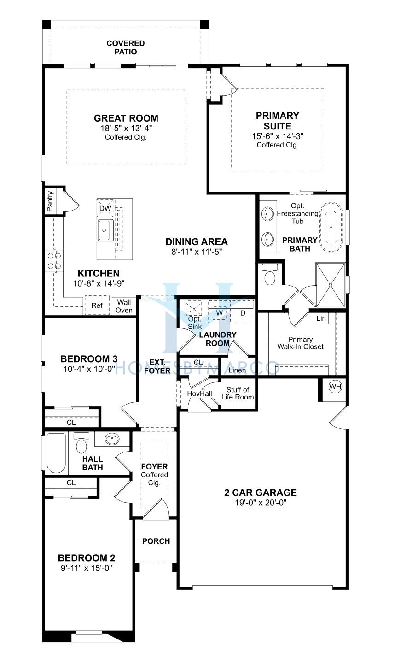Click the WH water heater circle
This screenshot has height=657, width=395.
pos(335,387)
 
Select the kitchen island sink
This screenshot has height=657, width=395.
pos(105,230)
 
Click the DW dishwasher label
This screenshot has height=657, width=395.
pos(105,209)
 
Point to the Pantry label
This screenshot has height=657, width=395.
pos(50,201)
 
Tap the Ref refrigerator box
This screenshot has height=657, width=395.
pos(97,305)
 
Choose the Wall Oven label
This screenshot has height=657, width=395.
pos(124,306)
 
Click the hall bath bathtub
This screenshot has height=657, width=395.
pos(56,453)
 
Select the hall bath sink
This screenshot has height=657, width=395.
pos(112,439)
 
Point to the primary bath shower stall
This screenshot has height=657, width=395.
pos(330,285)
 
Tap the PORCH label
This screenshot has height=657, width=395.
pos(156,541)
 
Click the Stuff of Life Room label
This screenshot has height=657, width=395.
pos(238,393)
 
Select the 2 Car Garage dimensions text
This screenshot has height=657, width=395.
pos(261,503)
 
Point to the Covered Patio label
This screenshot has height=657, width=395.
pos(125,47)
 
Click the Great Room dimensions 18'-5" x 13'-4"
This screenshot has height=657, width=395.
pos(126,128)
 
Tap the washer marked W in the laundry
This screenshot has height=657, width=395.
pos(220,313)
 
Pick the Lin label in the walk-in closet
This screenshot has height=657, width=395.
pos(321,318)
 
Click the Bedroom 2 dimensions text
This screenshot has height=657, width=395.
pos(87,568)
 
